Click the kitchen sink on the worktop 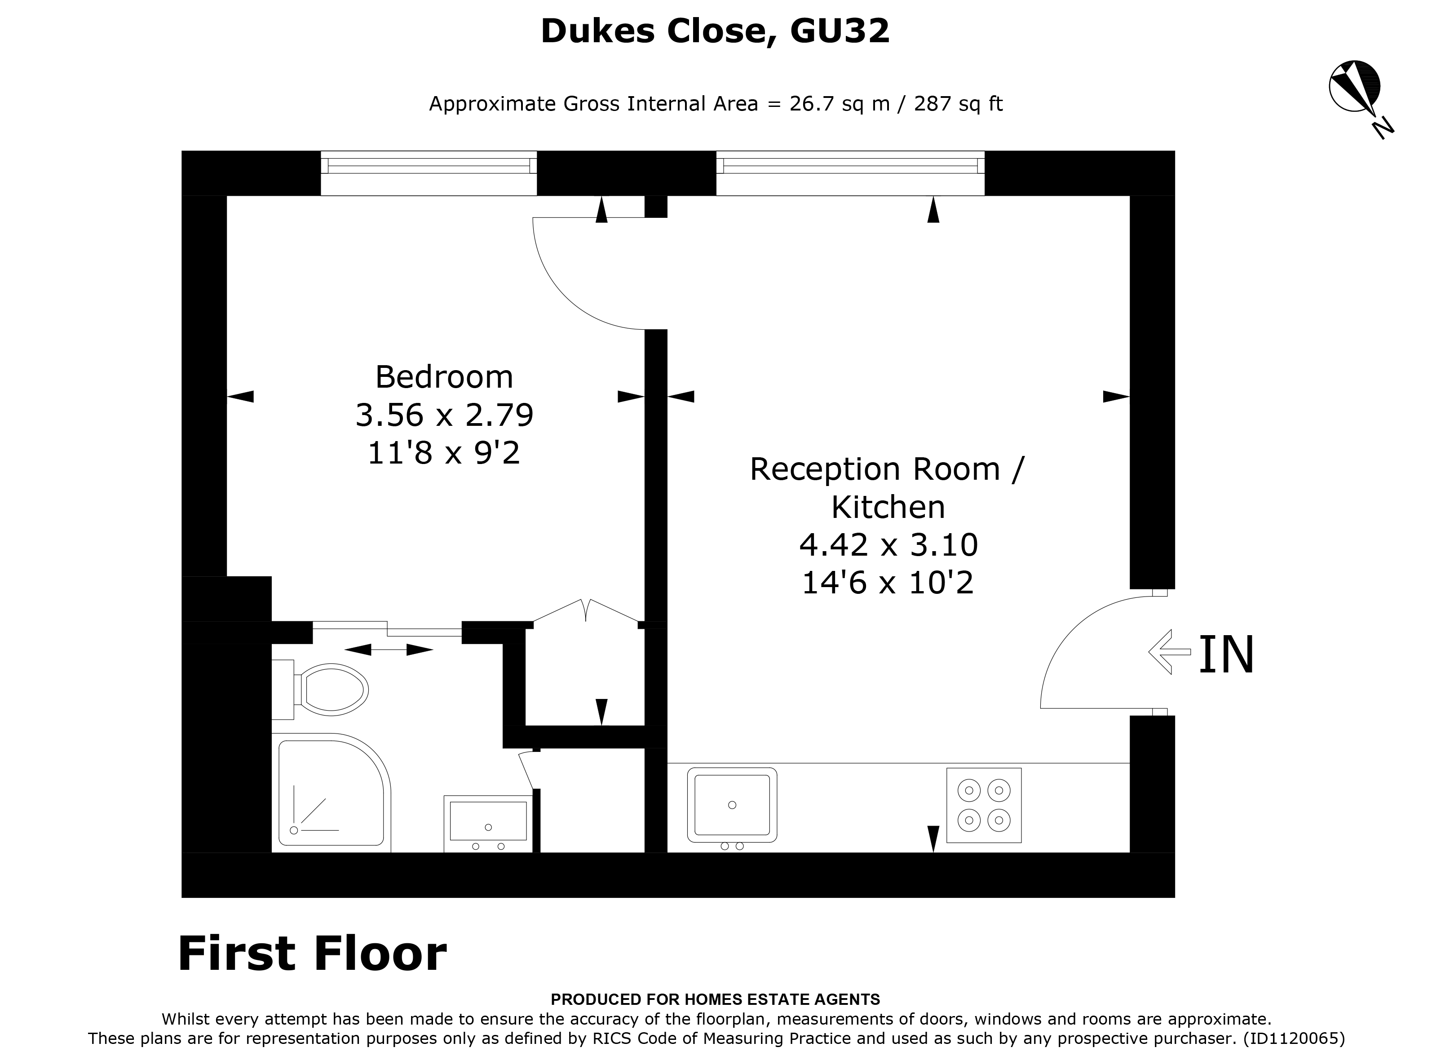[x=732, y=805]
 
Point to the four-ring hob [x=983, y=805]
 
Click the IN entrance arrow [x=1169, y=651]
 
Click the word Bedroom [x=444, y=377]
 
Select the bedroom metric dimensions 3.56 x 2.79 [x=444, y=415]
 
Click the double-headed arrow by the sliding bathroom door [x=389, y=650]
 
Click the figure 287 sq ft [x=958, y=103]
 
